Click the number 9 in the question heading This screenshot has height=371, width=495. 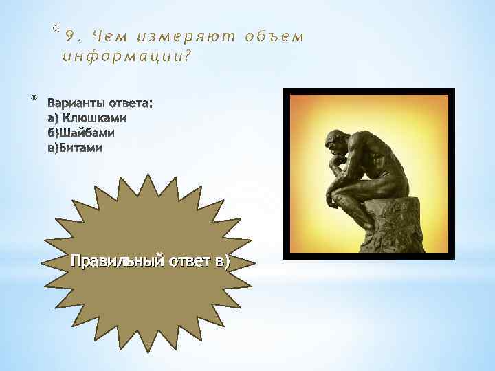pyautogui.click(x=67, y=37)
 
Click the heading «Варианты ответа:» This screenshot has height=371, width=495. pyautogui.click(x=100, y=104)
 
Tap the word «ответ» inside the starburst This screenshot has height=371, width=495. pyautogui.click(x=184, y=262)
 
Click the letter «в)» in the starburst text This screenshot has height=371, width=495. pyautogui.click(x=223, y=262)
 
